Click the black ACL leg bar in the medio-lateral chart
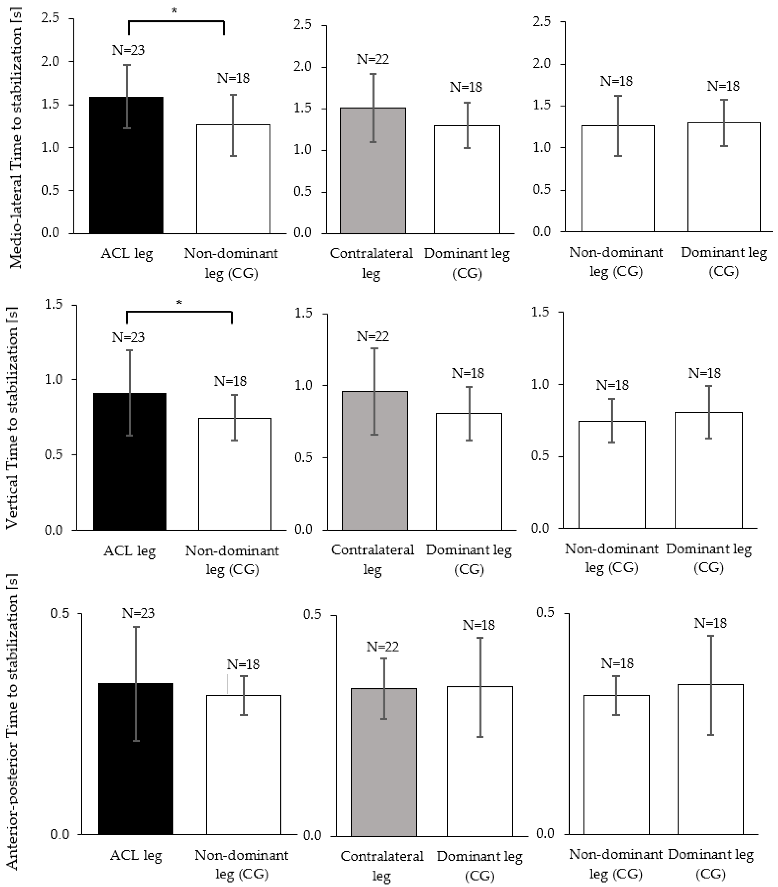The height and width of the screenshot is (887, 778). (x=126, y=174)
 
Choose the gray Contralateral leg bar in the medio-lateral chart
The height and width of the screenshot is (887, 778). (x=373, y=178)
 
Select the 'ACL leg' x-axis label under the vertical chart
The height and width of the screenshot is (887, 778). (x=129, y=551)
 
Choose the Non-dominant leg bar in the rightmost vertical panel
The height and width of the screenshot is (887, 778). (x=612, y=477)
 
